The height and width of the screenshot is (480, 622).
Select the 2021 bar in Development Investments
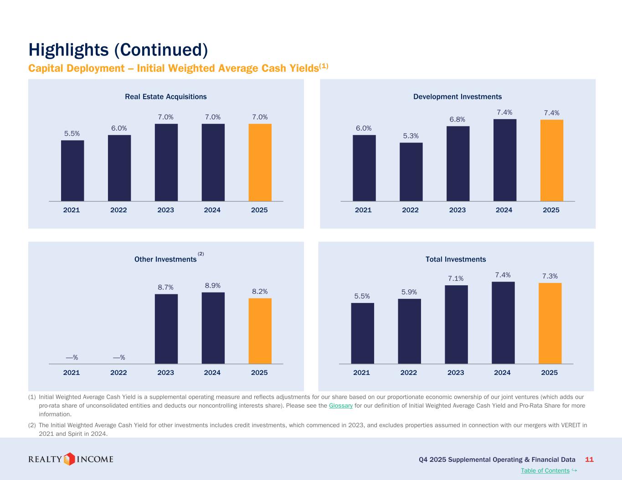tap(364, 168)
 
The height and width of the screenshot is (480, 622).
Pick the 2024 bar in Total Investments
tap(503, 323)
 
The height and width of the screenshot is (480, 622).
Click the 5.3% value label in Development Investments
tap(411, 136)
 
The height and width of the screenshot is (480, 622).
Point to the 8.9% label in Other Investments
tap(213, 286)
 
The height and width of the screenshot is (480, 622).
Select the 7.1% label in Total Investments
tap(456, 278)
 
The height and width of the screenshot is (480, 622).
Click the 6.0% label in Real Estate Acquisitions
tap(119, 128)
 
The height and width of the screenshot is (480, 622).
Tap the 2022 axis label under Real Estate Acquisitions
tap(118, 210)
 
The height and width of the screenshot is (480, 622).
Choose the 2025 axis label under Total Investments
tap(549, 373)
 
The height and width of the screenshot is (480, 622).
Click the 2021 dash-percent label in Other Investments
tap(72, 357)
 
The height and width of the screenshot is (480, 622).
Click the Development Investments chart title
tap(458, 96)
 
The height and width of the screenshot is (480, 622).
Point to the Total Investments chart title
tap(456, 259)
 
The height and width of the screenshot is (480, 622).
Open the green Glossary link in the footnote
tap(341, 405)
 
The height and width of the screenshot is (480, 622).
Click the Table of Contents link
tap(545, 470)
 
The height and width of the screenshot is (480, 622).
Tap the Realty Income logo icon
tap(68, 459)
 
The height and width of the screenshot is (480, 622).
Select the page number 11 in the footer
tap(589, 460)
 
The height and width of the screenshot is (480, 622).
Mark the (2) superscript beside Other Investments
tap(200, 254)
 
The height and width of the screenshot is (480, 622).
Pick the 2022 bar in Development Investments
tap(411, 172)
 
